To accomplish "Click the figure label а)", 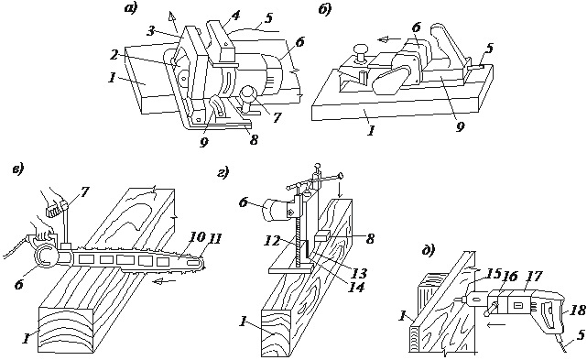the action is pyautogui.click(x=131, y=8).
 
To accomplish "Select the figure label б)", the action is pyautogui.click(x=324, y=9).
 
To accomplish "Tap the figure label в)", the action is pyautogui.click(x=17, y=169).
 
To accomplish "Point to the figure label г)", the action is pyautogui.click(x=223, y=173).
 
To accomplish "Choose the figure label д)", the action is pyautogui.click(x=428, y=250).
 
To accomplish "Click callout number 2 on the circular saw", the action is pyautogui.click(x=114, y=55).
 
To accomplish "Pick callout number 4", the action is pyautogui.click(x=235, y=16).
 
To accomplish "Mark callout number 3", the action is pyautogui.click(x=150, y=31).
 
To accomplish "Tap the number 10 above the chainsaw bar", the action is pyautogui.click(x=197, y=236).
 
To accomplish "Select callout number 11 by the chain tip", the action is pyautogui.click(x=215, y=238).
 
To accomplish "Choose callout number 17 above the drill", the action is pyautogui.click(x=535, y=277).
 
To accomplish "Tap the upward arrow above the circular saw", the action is pyautogui.click(x=174, y=22).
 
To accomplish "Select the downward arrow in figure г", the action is pyautogui.click(x=340, y=191).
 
